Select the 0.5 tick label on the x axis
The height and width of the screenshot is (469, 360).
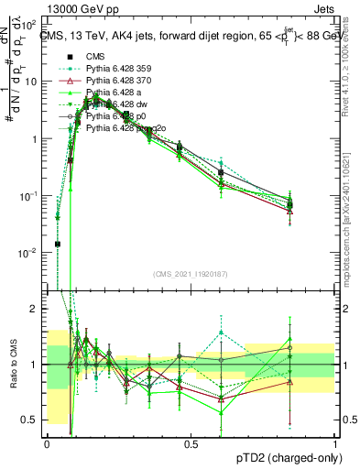click(191, 443)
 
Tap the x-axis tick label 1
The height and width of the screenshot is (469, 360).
click(334, 443)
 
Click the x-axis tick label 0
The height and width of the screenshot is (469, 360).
click(47, 443)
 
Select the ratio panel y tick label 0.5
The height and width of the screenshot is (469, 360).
click(33, 420)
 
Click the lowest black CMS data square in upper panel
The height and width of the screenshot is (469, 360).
click(58, 244)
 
